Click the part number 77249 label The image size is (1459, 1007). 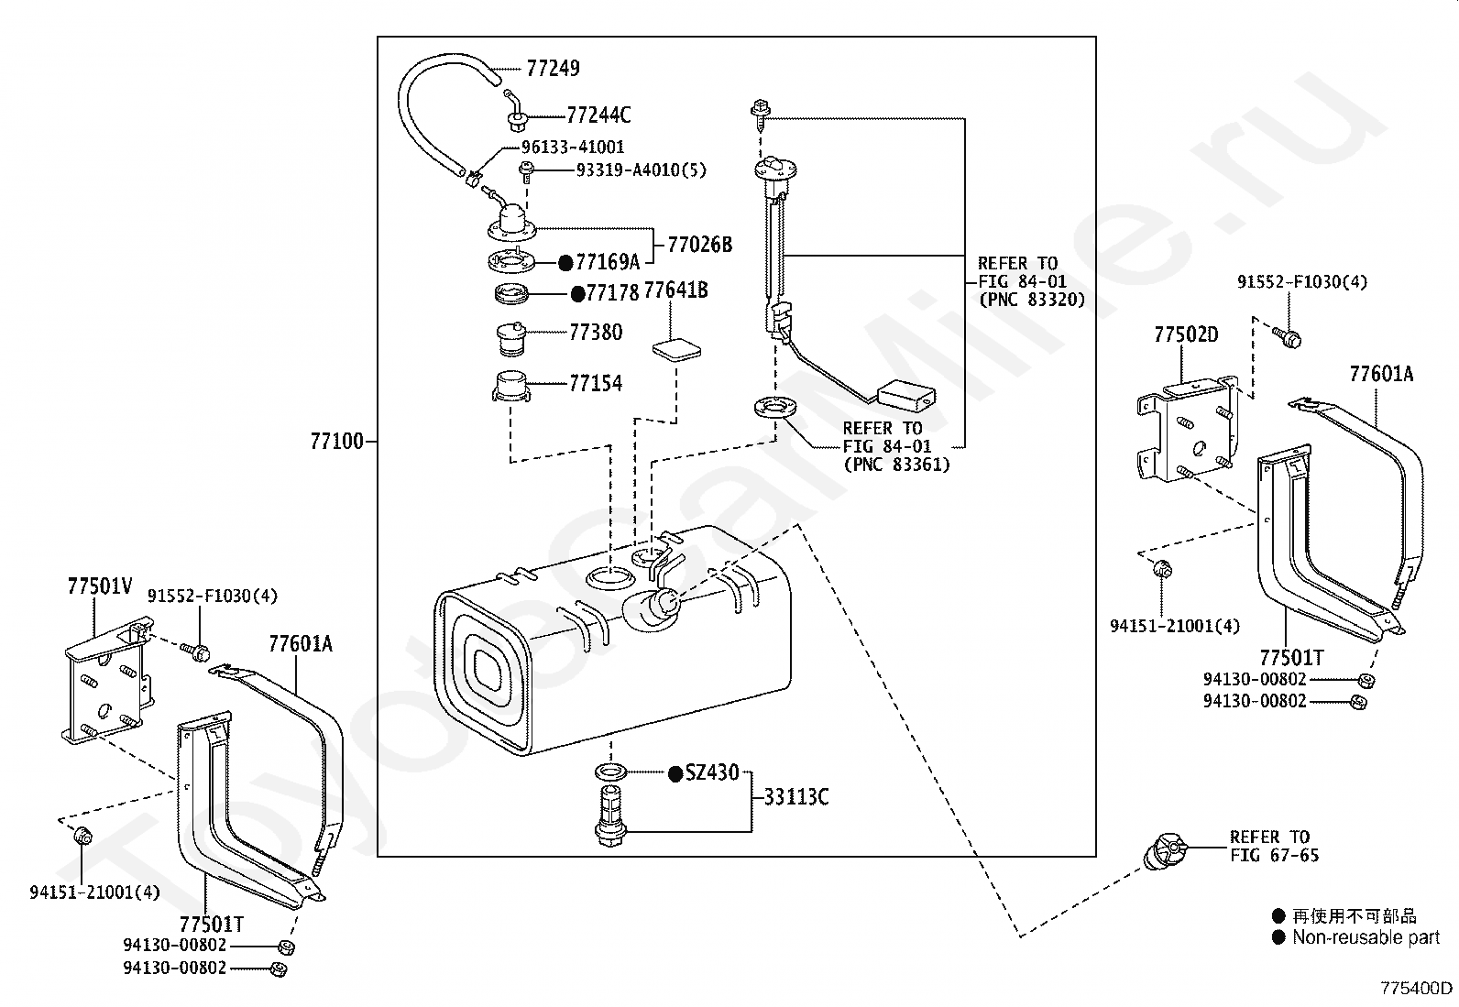coord(553,69)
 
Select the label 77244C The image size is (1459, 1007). coord(598,115)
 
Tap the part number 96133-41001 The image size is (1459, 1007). coord(573,148)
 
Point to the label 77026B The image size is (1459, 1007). coord(699,245)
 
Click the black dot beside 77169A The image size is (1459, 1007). coord(565,263)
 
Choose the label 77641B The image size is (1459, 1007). coord(675,290)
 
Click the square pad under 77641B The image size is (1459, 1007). coord(676,348)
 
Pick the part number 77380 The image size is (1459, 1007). coord(596,333)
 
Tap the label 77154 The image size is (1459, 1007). coord(596,383)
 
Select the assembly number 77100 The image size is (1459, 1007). coord(336,442)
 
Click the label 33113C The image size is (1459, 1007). coord(795,796)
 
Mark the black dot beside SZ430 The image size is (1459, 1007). coord(675,774)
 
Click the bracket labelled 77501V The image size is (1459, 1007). coord(109,681)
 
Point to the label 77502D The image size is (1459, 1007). coord(1186,334)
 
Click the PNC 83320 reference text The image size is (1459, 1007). coord(1032,300)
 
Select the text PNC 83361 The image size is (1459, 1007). coord(897,465)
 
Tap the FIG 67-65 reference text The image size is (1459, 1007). coord(1274,855)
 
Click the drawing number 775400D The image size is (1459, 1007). coord(1416,988)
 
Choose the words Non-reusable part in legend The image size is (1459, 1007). coord(1366,937)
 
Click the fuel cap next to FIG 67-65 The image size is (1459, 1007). coord(1165,850)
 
